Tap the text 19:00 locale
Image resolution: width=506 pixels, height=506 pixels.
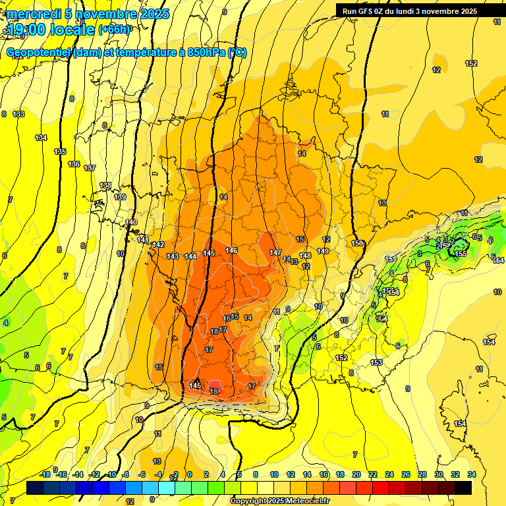tap(50, 30)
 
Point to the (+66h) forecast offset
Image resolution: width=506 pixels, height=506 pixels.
tap(115, 30)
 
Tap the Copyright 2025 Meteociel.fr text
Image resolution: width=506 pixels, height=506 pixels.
tap(280, 501)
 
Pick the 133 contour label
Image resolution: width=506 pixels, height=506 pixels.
tap(19, 114)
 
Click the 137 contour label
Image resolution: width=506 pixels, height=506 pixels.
tap(90, 168)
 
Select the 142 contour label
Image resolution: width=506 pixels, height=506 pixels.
tap(158, 244)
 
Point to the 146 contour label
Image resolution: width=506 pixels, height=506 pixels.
tap(231, 250)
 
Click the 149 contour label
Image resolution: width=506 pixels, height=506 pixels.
tap(323, 251)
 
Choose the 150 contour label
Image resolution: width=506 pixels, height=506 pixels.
tap(358, 244)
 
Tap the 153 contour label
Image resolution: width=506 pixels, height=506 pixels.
tap(376, 362)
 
